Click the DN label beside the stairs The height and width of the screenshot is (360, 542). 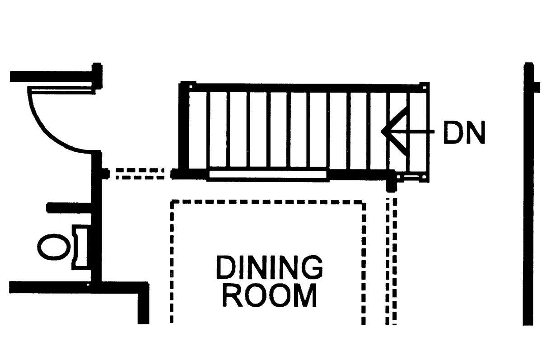pyautogui.click(x=464, y=132)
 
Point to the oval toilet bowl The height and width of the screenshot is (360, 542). pyautogui.click(x=54, y=247)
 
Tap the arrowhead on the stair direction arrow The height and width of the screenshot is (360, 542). pyautogui.click(x=394, y=131)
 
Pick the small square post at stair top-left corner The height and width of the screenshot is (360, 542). pyautogui.click(x=191, y=87)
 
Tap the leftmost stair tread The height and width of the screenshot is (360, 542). pyautogui.click(x=197, y=130)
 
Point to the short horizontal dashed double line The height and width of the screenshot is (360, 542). pyautogui.click(x=140, y=174)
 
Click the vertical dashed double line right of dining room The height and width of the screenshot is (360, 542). pyautogui.click(x=391, y=261)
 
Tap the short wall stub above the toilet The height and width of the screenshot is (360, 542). pyautogui.click(x=69, y=208)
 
